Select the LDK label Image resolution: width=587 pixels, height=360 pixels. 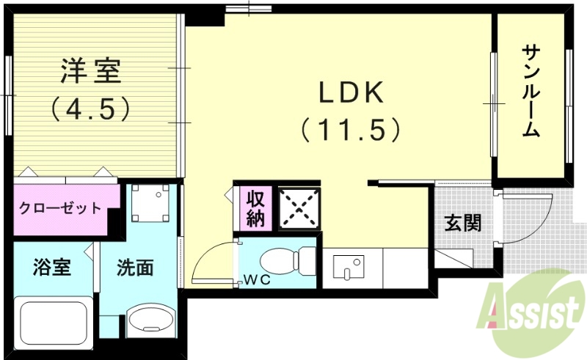[351, 93]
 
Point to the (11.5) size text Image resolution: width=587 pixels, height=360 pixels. [351, 130]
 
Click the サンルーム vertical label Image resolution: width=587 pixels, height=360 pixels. [532, 92]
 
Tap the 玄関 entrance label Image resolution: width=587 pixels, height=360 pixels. [463, 223]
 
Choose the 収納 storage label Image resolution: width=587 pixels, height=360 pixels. [255, 208]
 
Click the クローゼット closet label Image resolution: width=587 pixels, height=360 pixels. [60, 207]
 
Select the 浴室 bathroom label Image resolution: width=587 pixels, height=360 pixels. [51, 268]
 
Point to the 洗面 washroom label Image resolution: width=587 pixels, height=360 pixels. [135, 268]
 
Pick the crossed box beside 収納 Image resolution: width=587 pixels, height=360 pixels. [298, 207]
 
